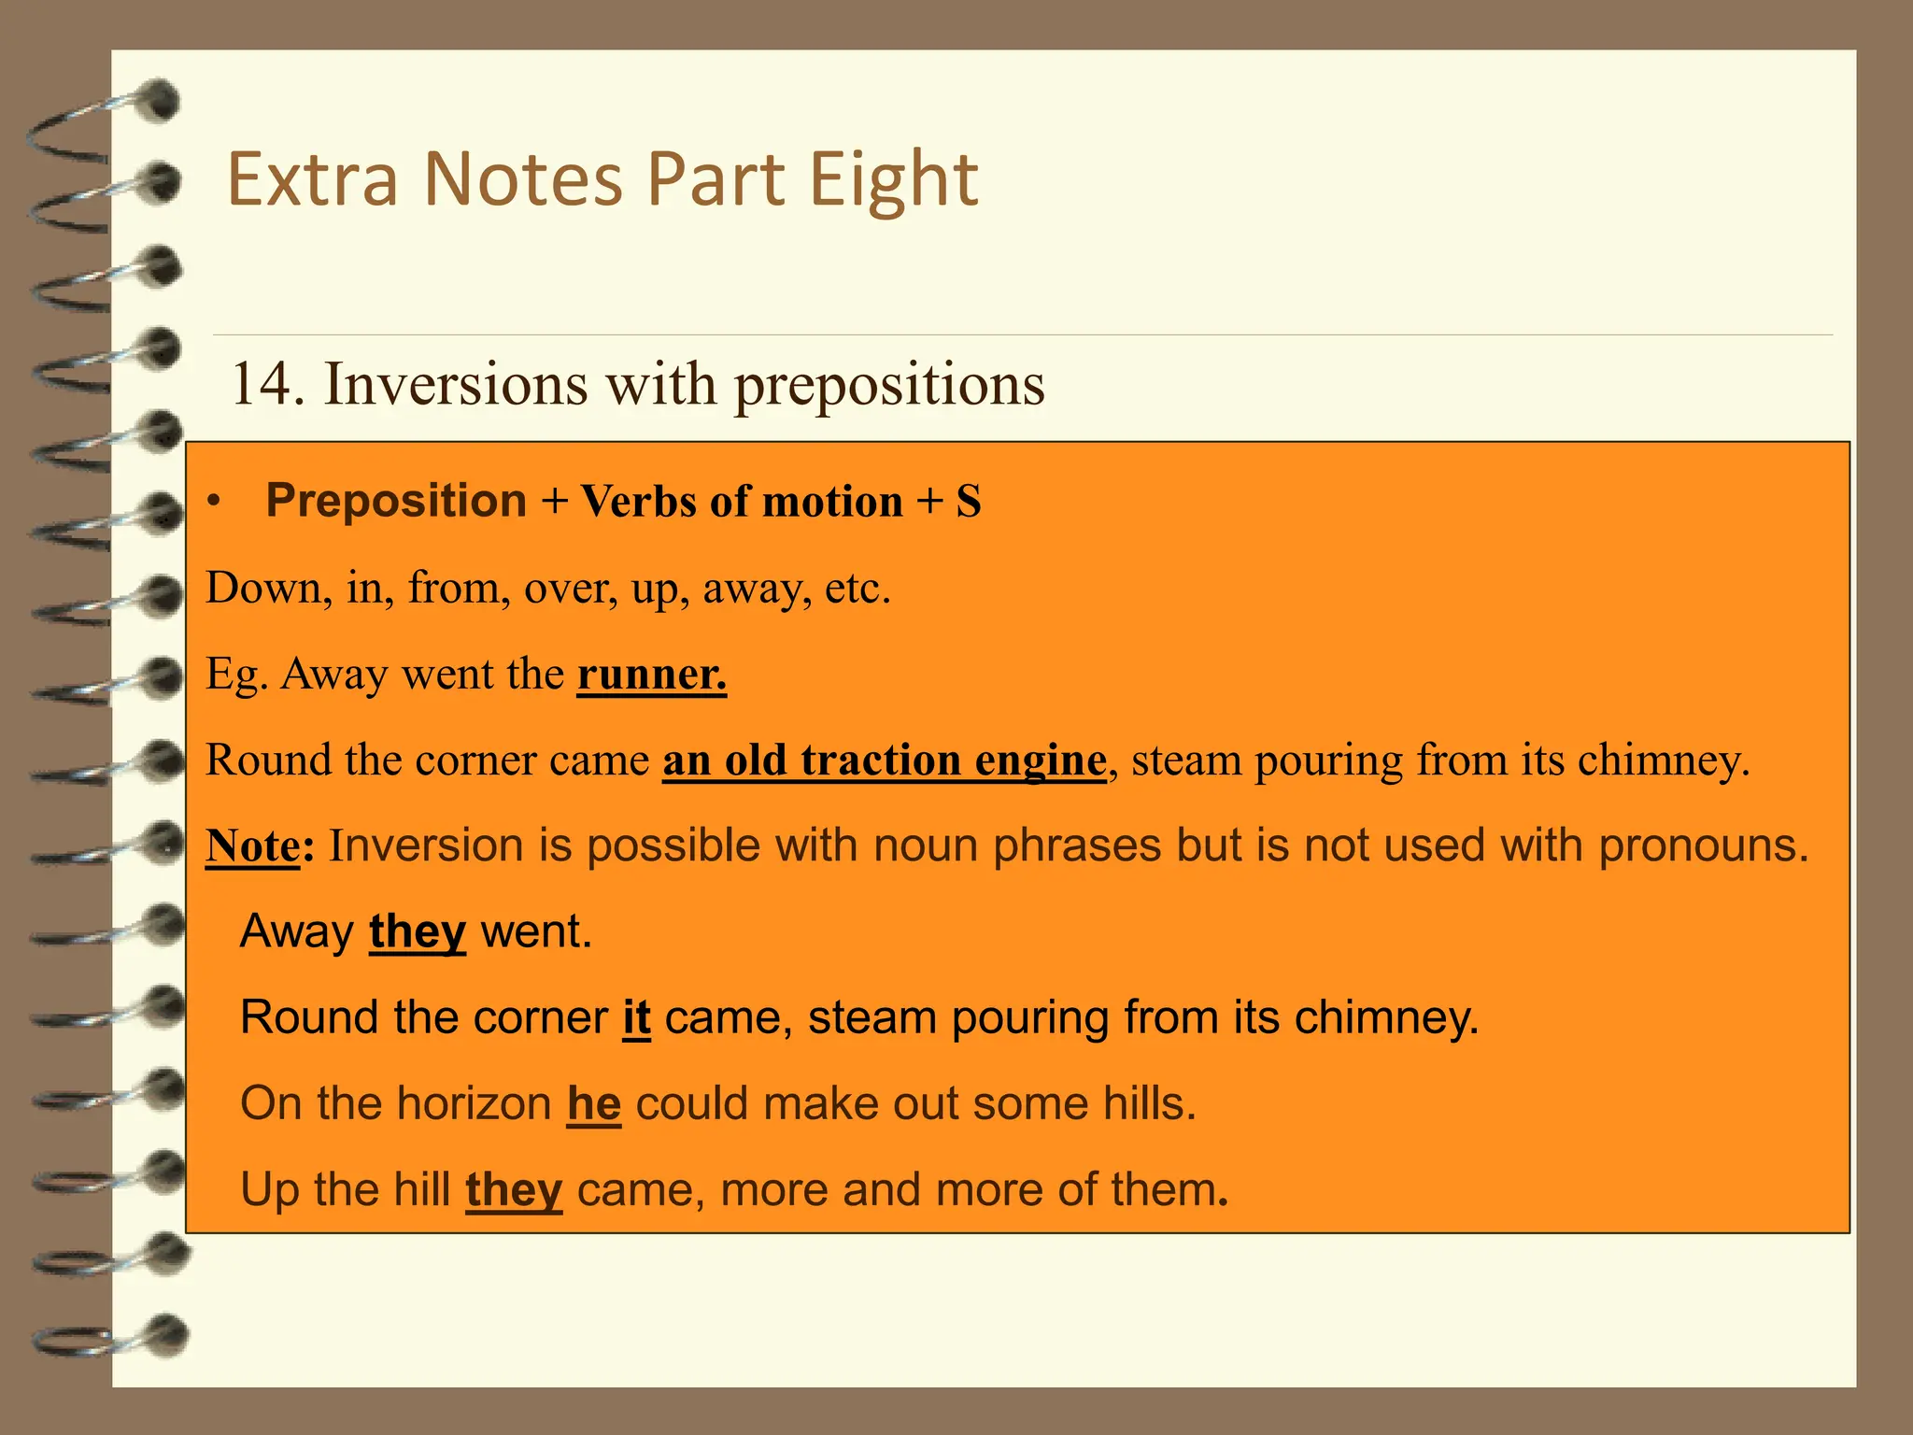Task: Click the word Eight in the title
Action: pos(893,179)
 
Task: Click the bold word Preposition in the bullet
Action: pos(396,501)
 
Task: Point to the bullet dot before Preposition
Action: pos(215,502)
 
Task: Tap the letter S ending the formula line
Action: pos(968,502)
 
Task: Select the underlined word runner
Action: pos(651,674)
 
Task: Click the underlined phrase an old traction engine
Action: pos(884,760)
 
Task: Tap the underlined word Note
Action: pos(252,845)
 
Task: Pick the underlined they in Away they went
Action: pos(417,931)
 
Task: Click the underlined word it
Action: pos(636,1017)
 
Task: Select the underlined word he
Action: pos(594,1103)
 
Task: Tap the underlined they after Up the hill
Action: pos(514,1189)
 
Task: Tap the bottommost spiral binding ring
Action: pos(107,1336)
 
